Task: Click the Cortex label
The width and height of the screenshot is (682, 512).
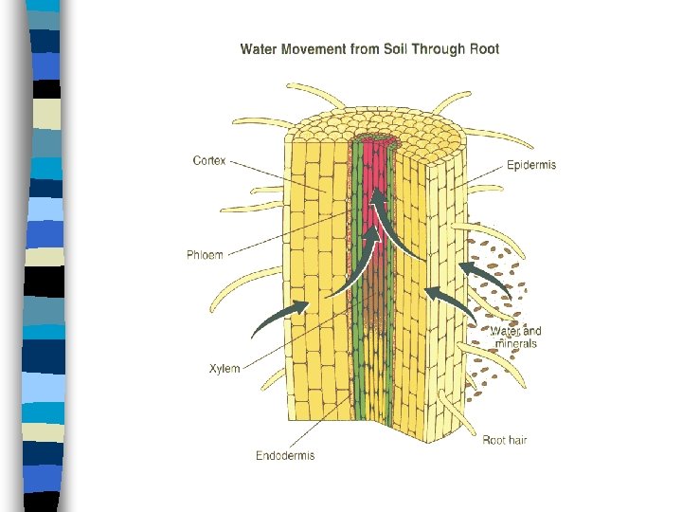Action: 208,161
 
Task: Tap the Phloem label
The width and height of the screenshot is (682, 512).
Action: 206,254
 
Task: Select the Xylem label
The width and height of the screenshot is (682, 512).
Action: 224,369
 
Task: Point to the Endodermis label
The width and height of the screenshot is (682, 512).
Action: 285,456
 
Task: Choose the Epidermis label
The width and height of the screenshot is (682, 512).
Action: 531,165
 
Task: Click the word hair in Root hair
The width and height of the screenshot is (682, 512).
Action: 517,440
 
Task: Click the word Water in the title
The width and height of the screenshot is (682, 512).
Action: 259,49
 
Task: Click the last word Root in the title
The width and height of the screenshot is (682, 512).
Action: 485,49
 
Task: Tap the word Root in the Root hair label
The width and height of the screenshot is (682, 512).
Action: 494,440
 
